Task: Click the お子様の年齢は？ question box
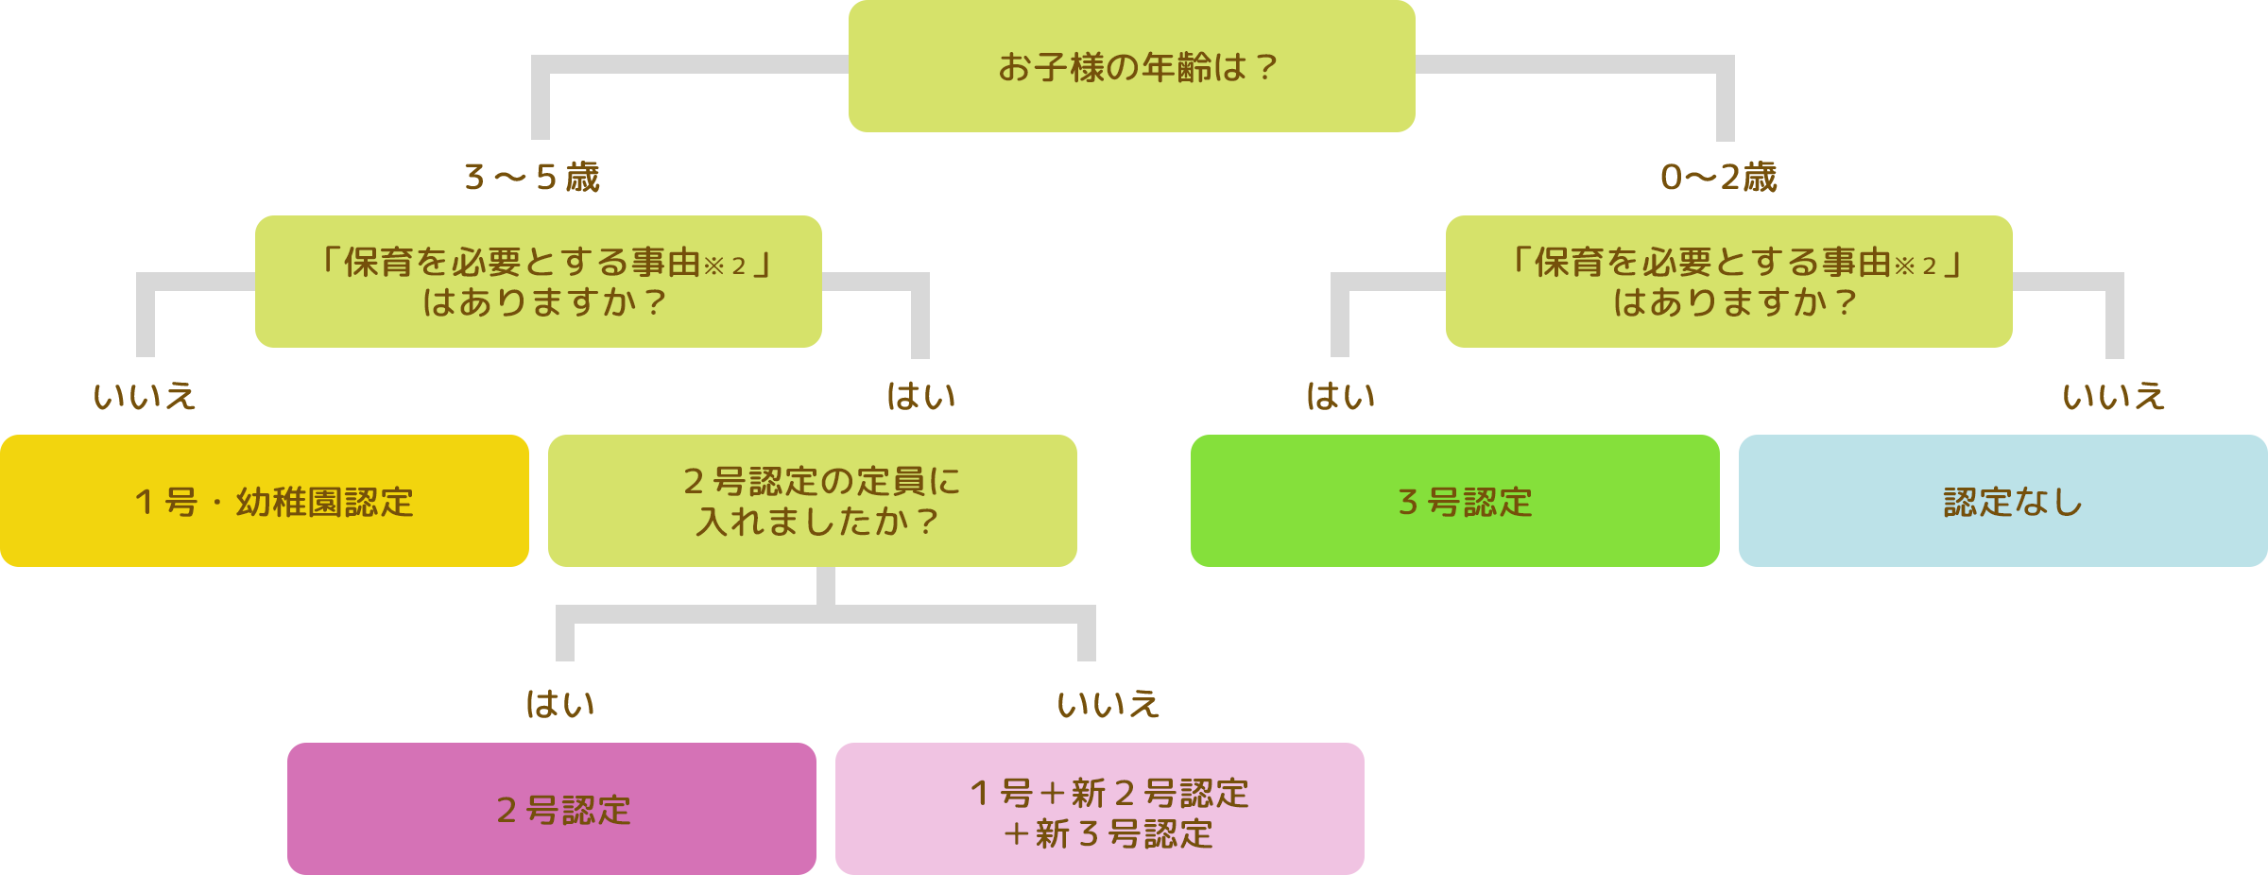click(1131, 67)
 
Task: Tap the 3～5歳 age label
click(532, 178)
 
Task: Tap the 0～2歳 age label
click(1719, 178)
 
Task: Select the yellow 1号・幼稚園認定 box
click(265, 501)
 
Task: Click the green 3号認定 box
click(1454, 501)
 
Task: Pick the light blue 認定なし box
click(2002, 501)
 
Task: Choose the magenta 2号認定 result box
click(552, 809)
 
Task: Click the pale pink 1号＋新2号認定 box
click(1100, 809)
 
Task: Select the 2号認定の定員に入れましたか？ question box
click(813, 501)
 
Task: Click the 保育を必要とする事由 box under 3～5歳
click(539, 282)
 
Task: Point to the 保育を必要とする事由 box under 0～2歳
click(1729, 282)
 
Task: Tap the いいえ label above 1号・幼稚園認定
click(145, 397)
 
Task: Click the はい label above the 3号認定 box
click(1340, 397)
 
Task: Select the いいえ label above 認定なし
click(2113, 397)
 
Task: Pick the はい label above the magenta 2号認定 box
click(560, 705)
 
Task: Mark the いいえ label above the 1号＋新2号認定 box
click(1108, 705)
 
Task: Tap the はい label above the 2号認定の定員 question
click(921, 397)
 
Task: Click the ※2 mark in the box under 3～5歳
click(726, 266)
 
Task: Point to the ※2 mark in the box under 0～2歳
click(1916, 266)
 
